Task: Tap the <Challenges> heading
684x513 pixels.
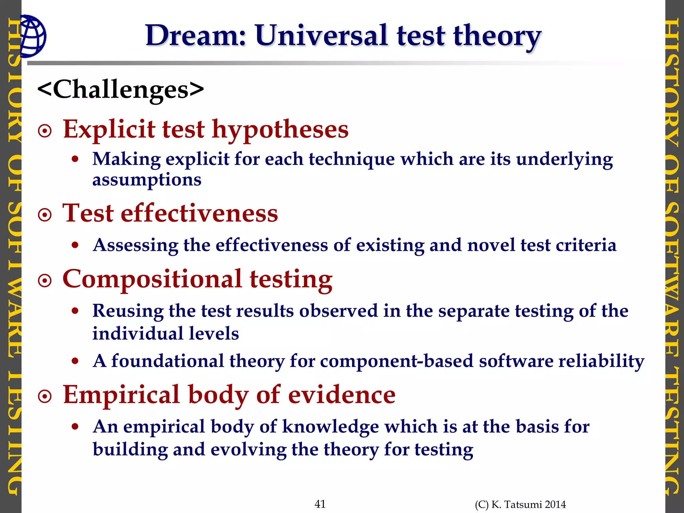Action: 121,90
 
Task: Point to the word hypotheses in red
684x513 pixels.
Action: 280,130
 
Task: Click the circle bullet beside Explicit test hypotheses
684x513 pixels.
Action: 45,131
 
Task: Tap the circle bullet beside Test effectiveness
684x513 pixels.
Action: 45,215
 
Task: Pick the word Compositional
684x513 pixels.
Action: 152,279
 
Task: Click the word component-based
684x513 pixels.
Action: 396,361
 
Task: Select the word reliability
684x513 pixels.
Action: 601,361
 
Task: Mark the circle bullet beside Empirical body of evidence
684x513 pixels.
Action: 45,397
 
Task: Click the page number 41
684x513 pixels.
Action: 320,504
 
